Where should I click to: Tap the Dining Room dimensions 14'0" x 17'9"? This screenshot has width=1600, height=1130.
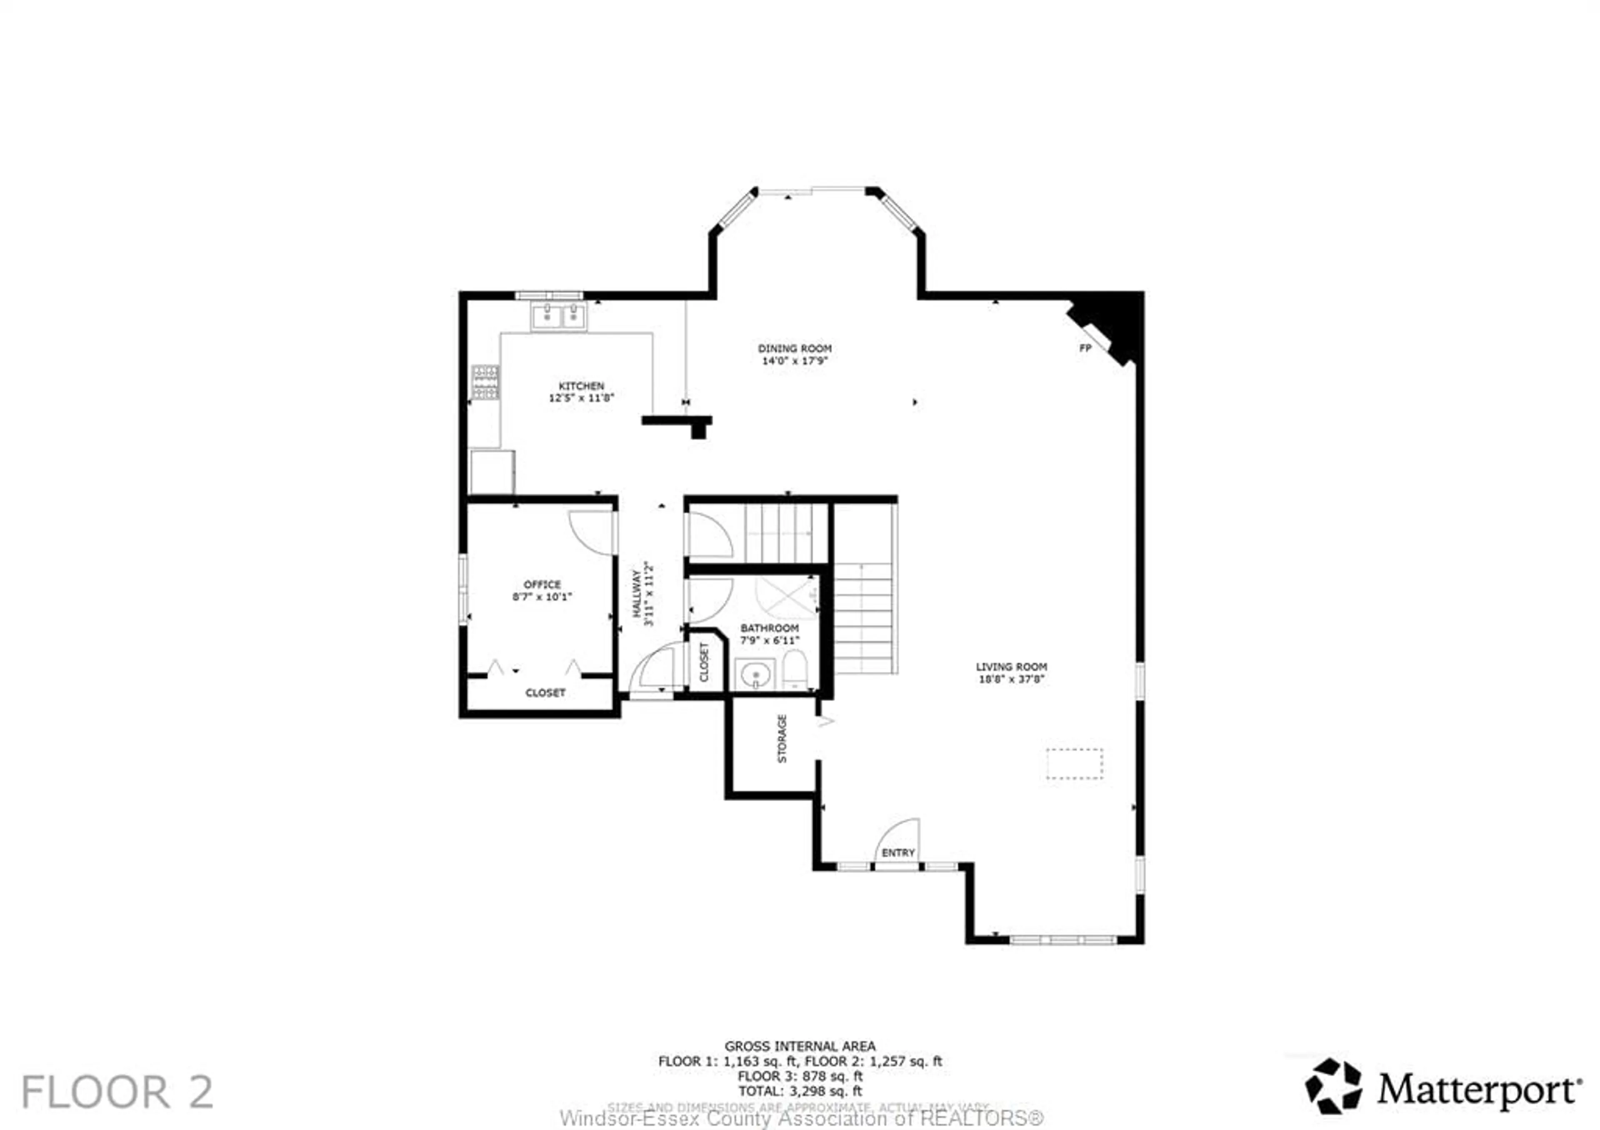tap(795, 361)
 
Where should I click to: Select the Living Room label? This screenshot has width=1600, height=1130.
tap(1011, 666)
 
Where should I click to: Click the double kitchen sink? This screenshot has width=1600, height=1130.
tap(559, 316)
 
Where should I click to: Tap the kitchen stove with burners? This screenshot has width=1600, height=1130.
tap(485, 382)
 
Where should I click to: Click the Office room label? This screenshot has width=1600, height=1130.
tap(542, 584)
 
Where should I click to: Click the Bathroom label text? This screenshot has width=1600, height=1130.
tap(769, 628)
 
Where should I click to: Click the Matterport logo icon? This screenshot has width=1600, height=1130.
tap(1333, 1086)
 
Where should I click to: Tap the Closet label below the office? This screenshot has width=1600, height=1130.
tap(545, 692)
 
